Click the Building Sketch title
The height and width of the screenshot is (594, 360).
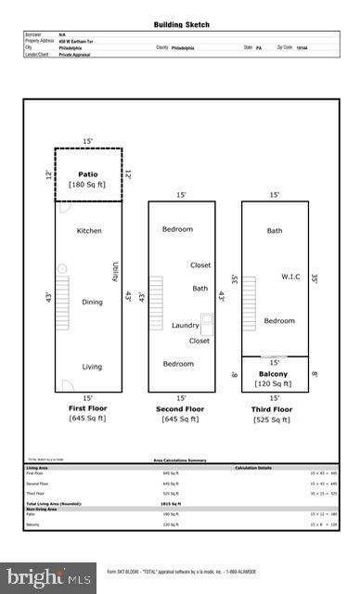click(x=180, y=24)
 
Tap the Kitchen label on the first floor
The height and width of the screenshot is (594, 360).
click(x=89, y=230)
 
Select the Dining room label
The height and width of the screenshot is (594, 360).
click(x=92, y=302)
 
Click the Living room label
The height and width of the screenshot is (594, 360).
click(x=92, y=367)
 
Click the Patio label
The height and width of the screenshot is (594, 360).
click(x=88, y=174)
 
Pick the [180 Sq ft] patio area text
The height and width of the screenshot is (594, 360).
click(x=88, y=185)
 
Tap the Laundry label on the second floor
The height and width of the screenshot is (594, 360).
click(x=186, y=325)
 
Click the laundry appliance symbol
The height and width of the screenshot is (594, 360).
click(x=207, y=324)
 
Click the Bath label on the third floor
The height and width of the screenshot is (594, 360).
click(x=275, y=230)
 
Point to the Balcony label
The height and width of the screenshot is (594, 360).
click(x=274, y=374)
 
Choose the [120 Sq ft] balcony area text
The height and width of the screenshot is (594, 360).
click(x=274, y=384)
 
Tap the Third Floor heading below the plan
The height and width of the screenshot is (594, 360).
click(x=273, y=408)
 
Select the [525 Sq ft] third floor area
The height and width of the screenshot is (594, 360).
click(x=273, y=420)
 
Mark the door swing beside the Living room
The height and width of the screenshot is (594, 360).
click(x=66, y=384)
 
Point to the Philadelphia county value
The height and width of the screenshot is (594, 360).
click(x=186, y=46)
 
